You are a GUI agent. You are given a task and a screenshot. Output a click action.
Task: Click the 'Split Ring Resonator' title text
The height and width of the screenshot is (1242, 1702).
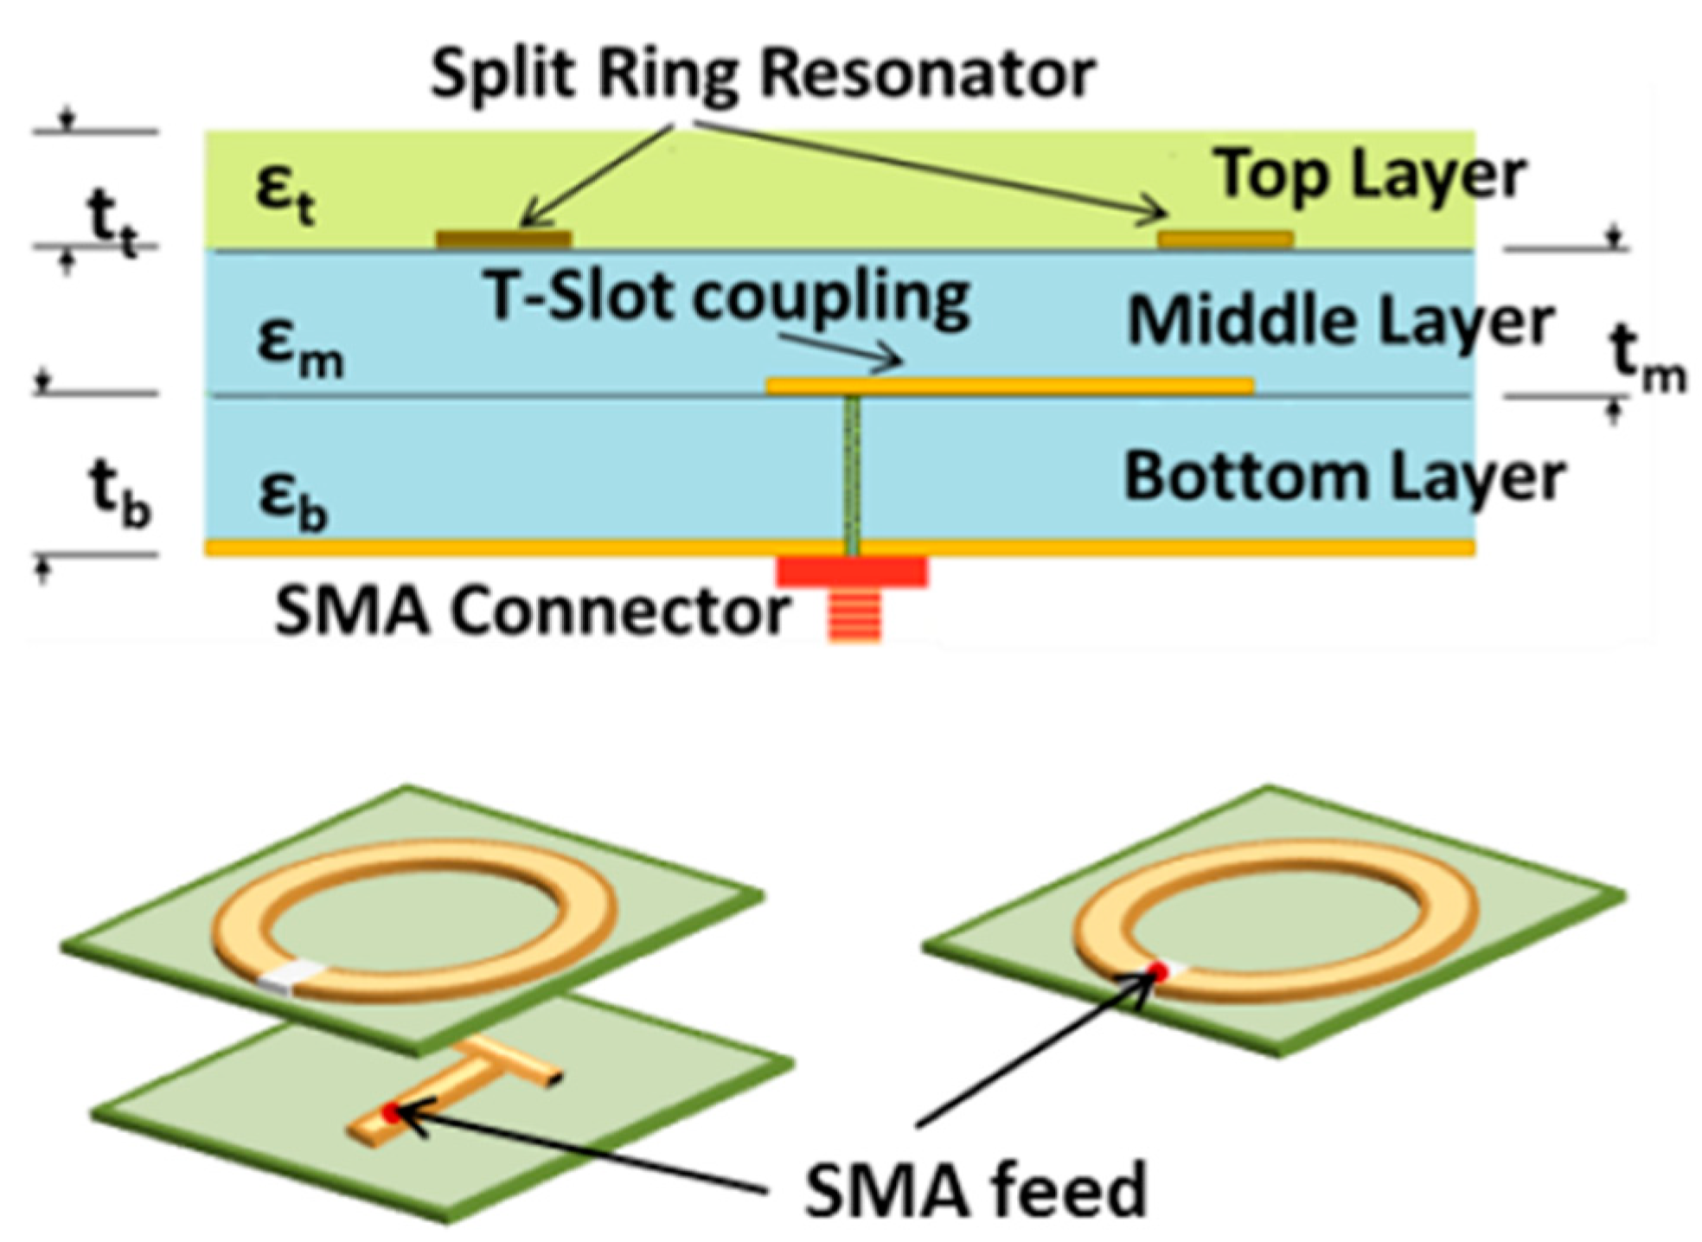click(x=762, y=74)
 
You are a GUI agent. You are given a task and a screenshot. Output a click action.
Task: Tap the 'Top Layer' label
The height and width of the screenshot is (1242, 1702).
click(x=1370, y=176)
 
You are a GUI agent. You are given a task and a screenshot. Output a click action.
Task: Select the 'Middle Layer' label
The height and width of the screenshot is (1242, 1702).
click(x=1340, y=322)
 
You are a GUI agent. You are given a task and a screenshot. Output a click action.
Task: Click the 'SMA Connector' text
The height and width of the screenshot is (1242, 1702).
click(x=531, y=611)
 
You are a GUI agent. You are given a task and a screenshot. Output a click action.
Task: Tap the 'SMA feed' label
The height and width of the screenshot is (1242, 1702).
click(x=975, y=1191)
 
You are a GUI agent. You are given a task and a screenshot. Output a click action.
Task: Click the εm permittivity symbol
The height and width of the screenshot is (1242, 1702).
click(x=298, y=346)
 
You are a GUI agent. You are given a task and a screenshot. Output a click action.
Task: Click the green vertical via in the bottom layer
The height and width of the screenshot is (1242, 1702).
click(x=852, y=471)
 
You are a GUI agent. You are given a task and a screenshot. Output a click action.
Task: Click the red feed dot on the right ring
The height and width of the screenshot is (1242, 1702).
click(x=1157, y=972)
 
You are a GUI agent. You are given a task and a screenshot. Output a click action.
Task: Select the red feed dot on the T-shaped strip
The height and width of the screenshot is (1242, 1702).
click(x=391, y=1111)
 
